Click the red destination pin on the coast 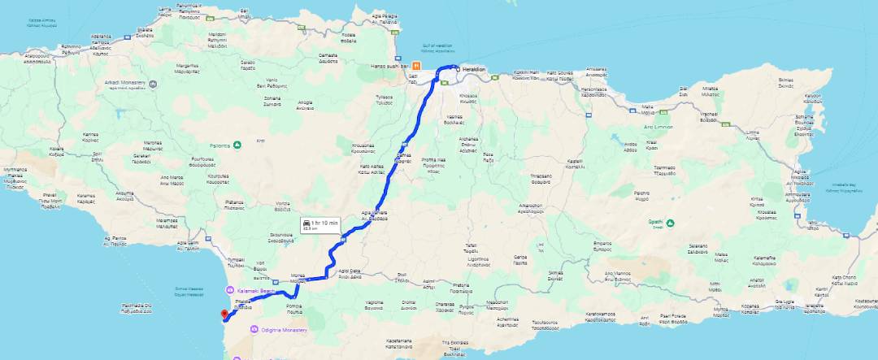[x=225, y=314]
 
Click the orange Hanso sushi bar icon [x=416, y=65]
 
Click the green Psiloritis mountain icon [x=237, y=145]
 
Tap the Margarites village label [x=185, y=66]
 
